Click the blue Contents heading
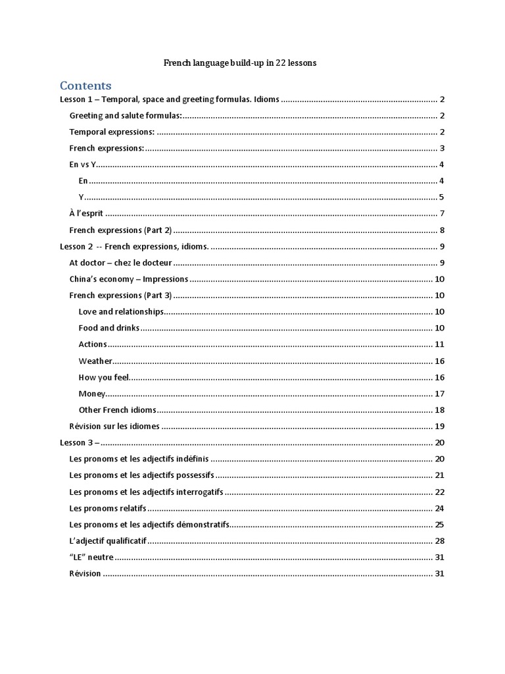[85, 86]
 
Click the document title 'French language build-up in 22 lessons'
[240, 63]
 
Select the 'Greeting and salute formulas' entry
[125, 116]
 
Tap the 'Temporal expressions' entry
[112, 132]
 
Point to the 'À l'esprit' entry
[87, 213]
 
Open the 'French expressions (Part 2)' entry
[120, 230]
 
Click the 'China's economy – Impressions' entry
[128, 279]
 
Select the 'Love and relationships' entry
[120, 311]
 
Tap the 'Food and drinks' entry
[109, 328]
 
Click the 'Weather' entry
[95, 361]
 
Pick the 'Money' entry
[91, 394]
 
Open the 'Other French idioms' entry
[117, 409]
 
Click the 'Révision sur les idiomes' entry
[114, 426]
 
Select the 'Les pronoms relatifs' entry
[108, 508]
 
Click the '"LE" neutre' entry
[91, 557]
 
